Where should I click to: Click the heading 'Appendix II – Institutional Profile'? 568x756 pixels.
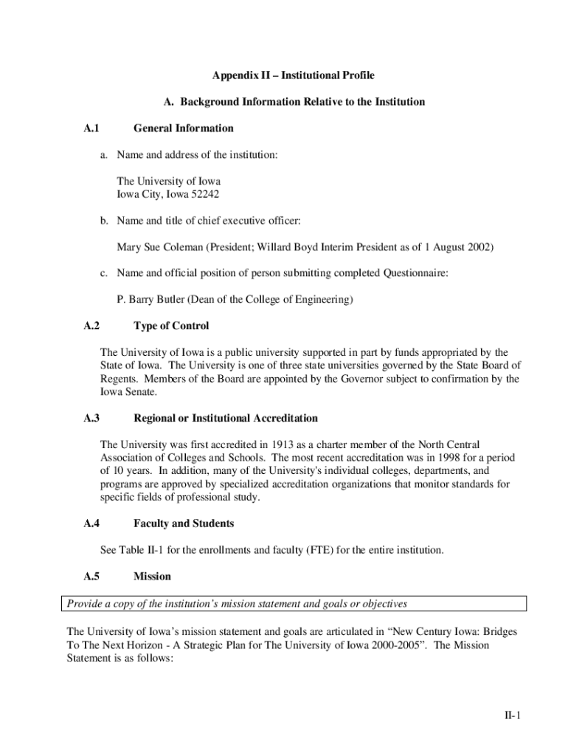pos(294,75)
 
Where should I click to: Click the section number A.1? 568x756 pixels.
pos(91,128)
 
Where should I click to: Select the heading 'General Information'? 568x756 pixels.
pos(183,128)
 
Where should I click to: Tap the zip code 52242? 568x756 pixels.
pos(204,194)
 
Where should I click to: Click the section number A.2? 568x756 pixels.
pos(91,326)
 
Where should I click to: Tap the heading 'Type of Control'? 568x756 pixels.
pos(171,326)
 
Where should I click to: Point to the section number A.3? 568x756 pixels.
pos(91,419)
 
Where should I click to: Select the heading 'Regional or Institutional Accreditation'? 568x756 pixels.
pos(226,419)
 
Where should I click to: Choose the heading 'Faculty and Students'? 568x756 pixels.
pos(184,524)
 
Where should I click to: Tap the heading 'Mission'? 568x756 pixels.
pos(152,577)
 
